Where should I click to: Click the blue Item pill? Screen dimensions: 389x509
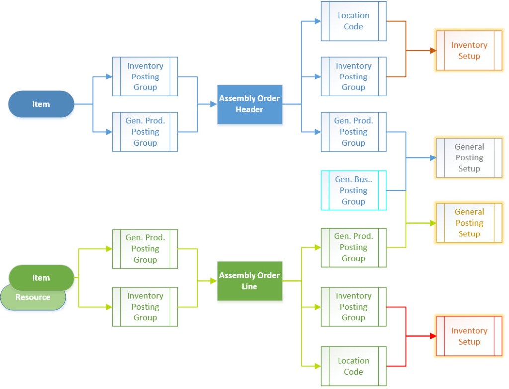41,104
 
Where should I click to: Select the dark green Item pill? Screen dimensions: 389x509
41,278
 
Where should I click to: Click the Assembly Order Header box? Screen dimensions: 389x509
250,104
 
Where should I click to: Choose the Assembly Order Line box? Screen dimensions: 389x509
250,281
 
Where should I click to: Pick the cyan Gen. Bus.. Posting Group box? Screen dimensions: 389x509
353,190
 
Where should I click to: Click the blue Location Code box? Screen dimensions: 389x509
353,21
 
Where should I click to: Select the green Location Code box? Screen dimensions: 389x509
353,366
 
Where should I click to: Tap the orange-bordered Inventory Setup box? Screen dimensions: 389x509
469,51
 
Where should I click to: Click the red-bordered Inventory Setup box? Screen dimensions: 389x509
469,336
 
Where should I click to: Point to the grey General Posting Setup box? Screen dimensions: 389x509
469,158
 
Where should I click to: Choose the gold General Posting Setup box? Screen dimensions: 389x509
469,223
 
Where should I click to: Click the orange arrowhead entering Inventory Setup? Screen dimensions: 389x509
433,51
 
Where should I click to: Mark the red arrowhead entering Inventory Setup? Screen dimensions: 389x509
433,336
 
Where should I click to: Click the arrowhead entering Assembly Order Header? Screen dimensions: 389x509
214,104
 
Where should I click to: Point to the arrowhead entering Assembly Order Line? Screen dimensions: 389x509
214,281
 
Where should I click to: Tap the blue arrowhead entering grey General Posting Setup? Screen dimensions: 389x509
433,158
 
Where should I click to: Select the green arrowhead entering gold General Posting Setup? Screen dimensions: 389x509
433,223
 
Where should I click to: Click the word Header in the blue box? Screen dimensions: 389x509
250,110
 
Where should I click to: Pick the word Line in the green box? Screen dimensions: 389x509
250,287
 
